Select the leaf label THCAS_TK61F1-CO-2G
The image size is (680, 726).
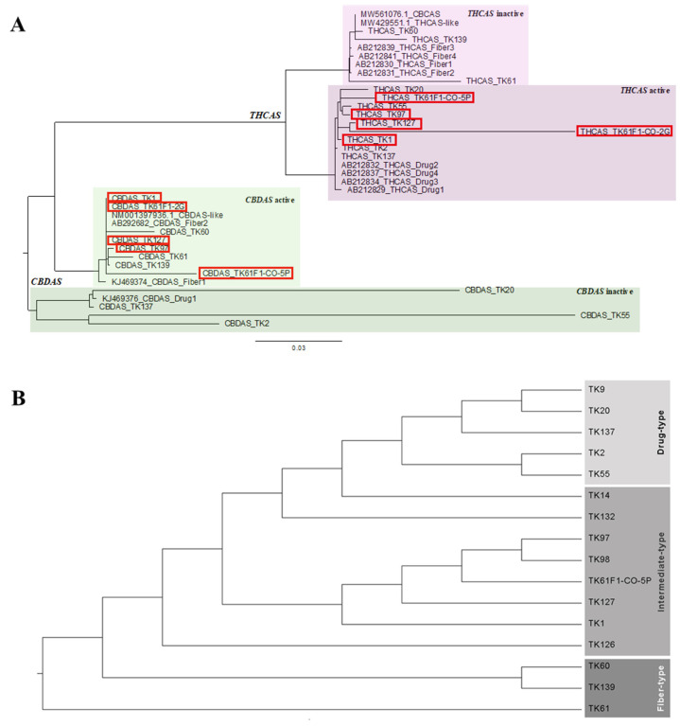[624, 131]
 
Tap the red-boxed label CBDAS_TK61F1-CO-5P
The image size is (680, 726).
[246, 273]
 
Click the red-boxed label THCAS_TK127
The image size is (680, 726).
[389, 123]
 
